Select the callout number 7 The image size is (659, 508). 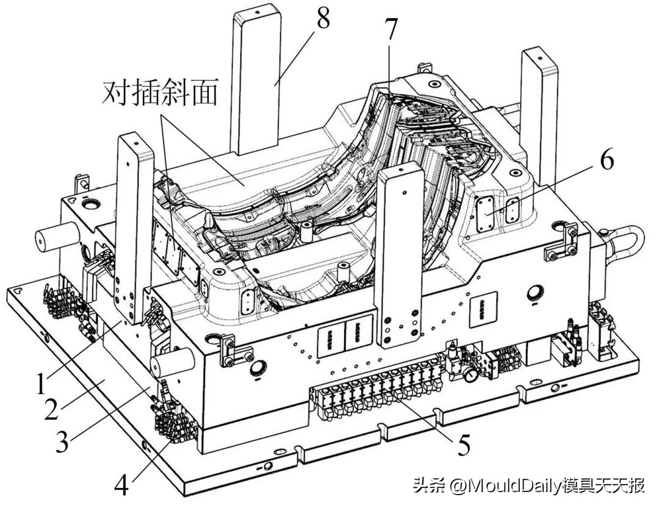[x=391, y=29]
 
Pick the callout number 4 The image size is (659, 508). [x=121, y=486]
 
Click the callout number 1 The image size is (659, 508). [x=40, y=384]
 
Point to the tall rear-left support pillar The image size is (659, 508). [x=256, y=79]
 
